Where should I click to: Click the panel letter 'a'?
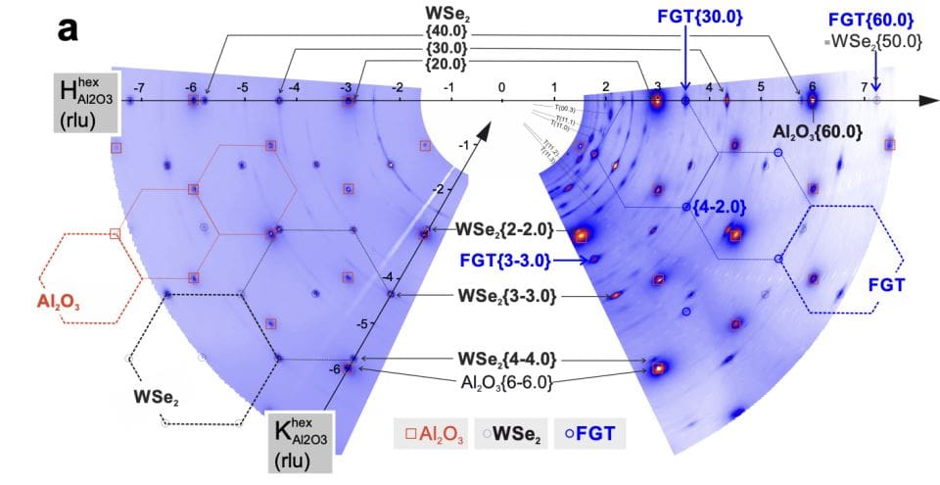click(68, 29)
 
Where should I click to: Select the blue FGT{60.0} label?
click(871, 20)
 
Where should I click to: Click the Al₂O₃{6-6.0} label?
click(506, 380)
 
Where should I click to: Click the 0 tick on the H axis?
click(501, 88)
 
